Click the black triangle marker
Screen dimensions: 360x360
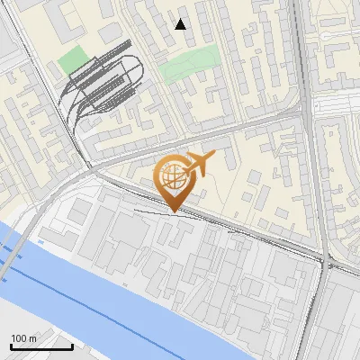pyautogui.click(x=181, y=24)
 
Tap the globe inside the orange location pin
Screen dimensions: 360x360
pyautogui.click(x=172, y=175)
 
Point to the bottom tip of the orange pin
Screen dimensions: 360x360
pyautogui.click(x=172, y=212)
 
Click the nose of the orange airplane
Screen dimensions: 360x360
pyautogui.click(x=213, y=157)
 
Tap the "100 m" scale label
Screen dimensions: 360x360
pyautogui.click(x=24, y=338)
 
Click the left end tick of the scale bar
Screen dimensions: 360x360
pyautogui.click(x=11, y=346)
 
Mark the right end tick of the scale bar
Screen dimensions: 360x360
pyautogui.click(x=72, y=346)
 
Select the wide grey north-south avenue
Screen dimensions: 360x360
pyautogui.click(x=310, y=180)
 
